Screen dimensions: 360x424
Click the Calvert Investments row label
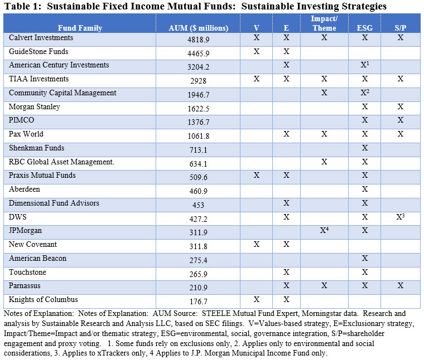pos(42,38)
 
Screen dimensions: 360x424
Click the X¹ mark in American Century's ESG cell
pos(365,66)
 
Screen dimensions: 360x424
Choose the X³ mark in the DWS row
pos(400,217)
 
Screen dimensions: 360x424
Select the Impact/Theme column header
pos(324,24)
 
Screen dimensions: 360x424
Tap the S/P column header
pos(400,28)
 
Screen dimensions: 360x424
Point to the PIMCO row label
pos(21,120)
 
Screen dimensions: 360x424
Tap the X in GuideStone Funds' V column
pos(257,52)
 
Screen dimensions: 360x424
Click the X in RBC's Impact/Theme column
pos(324,162)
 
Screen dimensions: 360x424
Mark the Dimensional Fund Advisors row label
pos(54,203)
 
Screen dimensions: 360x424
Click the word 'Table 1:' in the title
pos(23,6)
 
